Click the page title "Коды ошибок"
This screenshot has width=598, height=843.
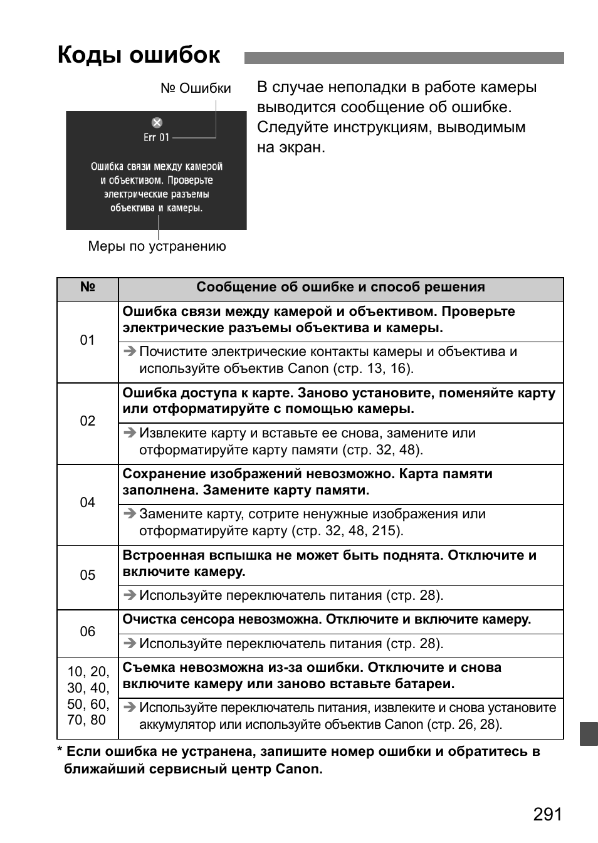(139, 56)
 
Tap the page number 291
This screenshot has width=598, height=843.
(548, 814)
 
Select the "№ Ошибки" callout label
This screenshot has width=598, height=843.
(196, 88)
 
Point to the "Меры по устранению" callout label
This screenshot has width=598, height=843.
(157, 246)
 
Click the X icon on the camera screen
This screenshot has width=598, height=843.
(157, 123)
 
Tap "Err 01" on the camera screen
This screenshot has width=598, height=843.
(156, 137)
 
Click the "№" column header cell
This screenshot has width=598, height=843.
(88, 288)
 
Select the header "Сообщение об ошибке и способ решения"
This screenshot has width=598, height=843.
(340, 288)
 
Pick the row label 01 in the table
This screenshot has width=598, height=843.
(88, 340)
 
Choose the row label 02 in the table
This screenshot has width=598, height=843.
(88, 421)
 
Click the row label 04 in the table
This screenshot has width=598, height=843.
(88, 503)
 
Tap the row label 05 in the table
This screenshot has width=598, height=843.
(88, 575)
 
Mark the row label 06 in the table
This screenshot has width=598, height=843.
(88, 632)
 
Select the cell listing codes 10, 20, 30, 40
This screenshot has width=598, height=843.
(88, 696)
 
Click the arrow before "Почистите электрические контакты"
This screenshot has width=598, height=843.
(130, 352)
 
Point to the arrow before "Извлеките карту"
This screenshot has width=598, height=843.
(130, 433)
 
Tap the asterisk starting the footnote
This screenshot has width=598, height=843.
(60, 751)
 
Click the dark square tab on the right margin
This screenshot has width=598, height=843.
(589, 733)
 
